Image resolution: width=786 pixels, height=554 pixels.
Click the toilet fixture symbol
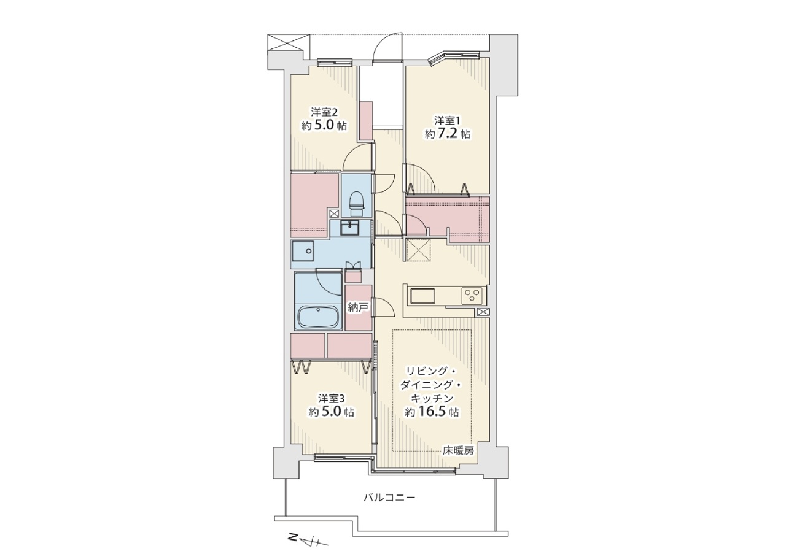click(x=357, y=203)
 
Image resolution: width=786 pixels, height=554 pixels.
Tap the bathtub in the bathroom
click(x=318, y=317)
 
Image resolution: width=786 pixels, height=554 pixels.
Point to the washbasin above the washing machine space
click(x=349, y=228)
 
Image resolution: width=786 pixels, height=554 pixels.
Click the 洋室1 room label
click(x=447, y=121)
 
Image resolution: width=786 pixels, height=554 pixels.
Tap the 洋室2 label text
click(x=324, y=112)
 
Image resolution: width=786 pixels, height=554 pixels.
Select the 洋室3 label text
click(x=332, y=399)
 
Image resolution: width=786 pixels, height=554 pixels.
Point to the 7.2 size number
click(x=448, y=134)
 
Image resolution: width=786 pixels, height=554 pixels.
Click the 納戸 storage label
click(x=358, y=307)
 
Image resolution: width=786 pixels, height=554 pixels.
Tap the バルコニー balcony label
click(x=389, y=498)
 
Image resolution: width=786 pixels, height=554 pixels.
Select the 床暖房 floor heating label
click(x=458, y=451)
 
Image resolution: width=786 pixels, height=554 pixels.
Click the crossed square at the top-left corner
click(x=289, y=43)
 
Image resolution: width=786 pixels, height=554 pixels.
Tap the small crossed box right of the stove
click(x=483, y=312)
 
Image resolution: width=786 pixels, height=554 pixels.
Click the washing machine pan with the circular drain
click(x=303, y=251)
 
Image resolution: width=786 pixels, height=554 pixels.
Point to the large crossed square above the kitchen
click(x=418, y=250)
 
